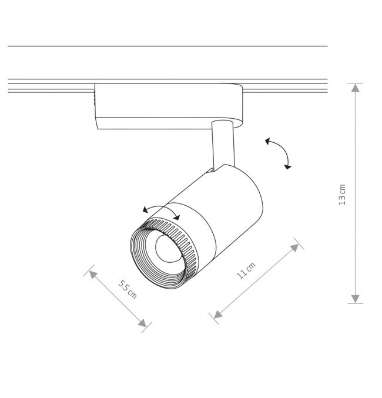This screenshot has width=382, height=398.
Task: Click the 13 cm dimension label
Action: point(342,195)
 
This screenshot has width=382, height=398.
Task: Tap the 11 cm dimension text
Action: point(246,271)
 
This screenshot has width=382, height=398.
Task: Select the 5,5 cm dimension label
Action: point(128,289)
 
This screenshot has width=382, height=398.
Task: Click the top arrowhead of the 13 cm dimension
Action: point(356,88)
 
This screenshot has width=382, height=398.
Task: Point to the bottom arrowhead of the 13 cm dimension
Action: point(356,299)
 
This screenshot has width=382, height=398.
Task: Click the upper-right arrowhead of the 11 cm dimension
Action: point(295,248)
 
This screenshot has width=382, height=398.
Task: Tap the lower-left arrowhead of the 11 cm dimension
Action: point(218,315)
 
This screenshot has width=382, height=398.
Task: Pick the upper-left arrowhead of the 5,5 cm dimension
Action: point(93,275)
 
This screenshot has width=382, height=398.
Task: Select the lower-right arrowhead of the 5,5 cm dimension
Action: point(142,323)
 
